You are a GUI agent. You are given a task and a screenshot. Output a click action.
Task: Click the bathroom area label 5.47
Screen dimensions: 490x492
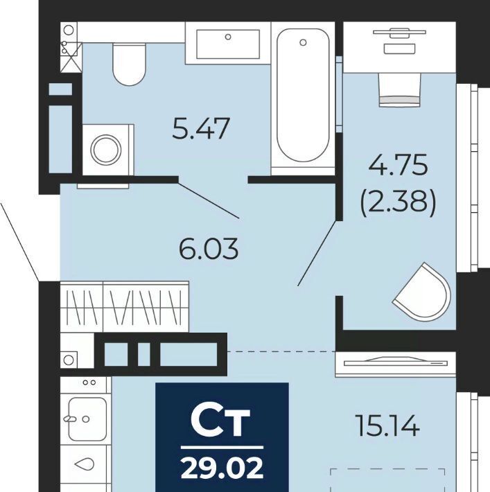coord(201,128)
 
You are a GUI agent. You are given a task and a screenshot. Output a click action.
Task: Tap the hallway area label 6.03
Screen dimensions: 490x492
coord(209,249)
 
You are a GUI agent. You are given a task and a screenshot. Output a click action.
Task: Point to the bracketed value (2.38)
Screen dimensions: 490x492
coord(398,201)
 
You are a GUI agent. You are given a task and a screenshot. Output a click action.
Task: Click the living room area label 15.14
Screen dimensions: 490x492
coord(387,425)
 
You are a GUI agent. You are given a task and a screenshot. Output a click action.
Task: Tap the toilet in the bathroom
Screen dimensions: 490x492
coord(130,64)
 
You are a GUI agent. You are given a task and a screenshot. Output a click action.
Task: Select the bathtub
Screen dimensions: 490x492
coord(303,95)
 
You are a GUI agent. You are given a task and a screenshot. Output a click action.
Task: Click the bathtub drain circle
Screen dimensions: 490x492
coord(303,42)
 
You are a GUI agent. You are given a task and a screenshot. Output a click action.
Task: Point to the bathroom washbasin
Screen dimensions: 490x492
coord(228,44)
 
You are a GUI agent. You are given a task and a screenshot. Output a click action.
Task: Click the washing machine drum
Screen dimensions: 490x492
coord(106,150)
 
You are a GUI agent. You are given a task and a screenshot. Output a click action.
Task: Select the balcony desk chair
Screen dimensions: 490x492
coord(399,90)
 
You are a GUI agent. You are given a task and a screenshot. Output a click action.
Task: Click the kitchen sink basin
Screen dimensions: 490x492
coord(87,419)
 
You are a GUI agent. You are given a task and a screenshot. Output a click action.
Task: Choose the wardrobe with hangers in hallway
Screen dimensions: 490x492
coord(125,306)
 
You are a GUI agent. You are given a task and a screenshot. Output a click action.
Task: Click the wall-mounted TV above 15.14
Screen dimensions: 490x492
coord(396,363)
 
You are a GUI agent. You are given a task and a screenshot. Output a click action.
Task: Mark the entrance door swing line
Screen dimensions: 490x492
coord(19,243)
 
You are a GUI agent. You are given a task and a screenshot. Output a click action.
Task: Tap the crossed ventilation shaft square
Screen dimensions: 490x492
coord(71,58)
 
